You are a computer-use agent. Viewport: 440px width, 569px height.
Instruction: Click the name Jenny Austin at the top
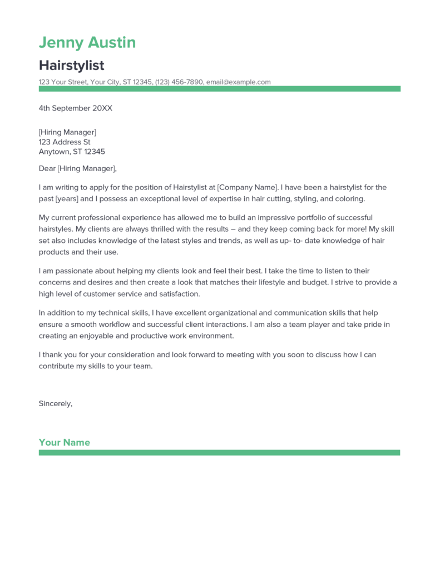(x=87, y=42)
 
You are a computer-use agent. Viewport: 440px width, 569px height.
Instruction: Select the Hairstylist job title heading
(x=71, y=65)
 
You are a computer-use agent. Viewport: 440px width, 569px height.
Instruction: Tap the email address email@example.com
(x=238, y=82)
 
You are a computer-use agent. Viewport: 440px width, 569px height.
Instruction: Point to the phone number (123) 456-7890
(x=179, y=82)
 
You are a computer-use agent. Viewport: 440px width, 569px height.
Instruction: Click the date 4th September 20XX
(x=75, y=108)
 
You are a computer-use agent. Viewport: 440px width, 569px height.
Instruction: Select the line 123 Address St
(x=64, y=142)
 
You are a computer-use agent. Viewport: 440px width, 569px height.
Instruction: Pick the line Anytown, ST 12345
(x=72, y=152)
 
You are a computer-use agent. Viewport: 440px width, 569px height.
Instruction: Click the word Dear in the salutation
(x=47, y=168)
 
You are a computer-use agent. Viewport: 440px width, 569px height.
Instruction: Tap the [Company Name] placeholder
(x=246, y=187)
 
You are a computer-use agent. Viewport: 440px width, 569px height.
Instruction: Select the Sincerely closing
(x=56, y=403)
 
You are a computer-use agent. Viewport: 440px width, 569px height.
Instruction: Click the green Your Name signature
(x=64, y=442)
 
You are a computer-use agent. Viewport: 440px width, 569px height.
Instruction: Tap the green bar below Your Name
(x=219, y=453)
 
